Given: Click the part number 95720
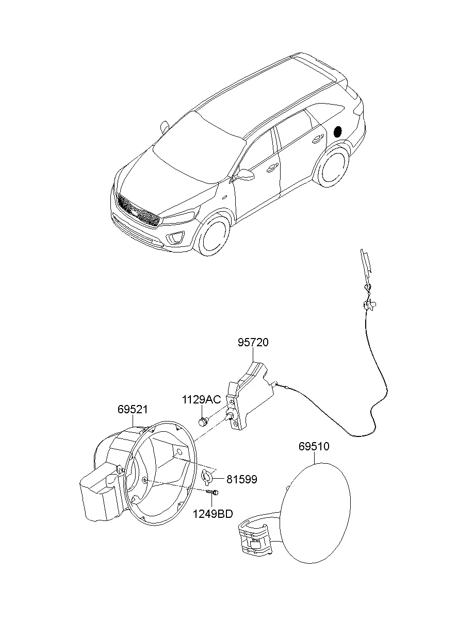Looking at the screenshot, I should (x=253, y=343).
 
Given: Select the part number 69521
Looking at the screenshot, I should (x=133, y=410).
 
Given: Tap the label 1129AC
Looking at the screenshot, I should (x=201, y=399).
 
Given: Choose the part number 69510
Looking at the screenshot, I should (x=314, y=446).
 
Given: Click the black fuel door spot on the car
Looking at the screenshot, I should (x=338, y=131).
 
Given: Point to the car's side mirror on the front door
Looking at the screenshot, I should (x=245, y=175).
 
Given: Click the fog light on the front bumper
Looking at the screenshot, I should (x=176, y=237).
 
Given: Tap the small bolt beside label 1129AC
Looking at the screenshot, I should (x=203, y=422).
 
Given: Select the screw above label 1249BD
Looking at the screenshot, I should (x=212, y=493).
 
